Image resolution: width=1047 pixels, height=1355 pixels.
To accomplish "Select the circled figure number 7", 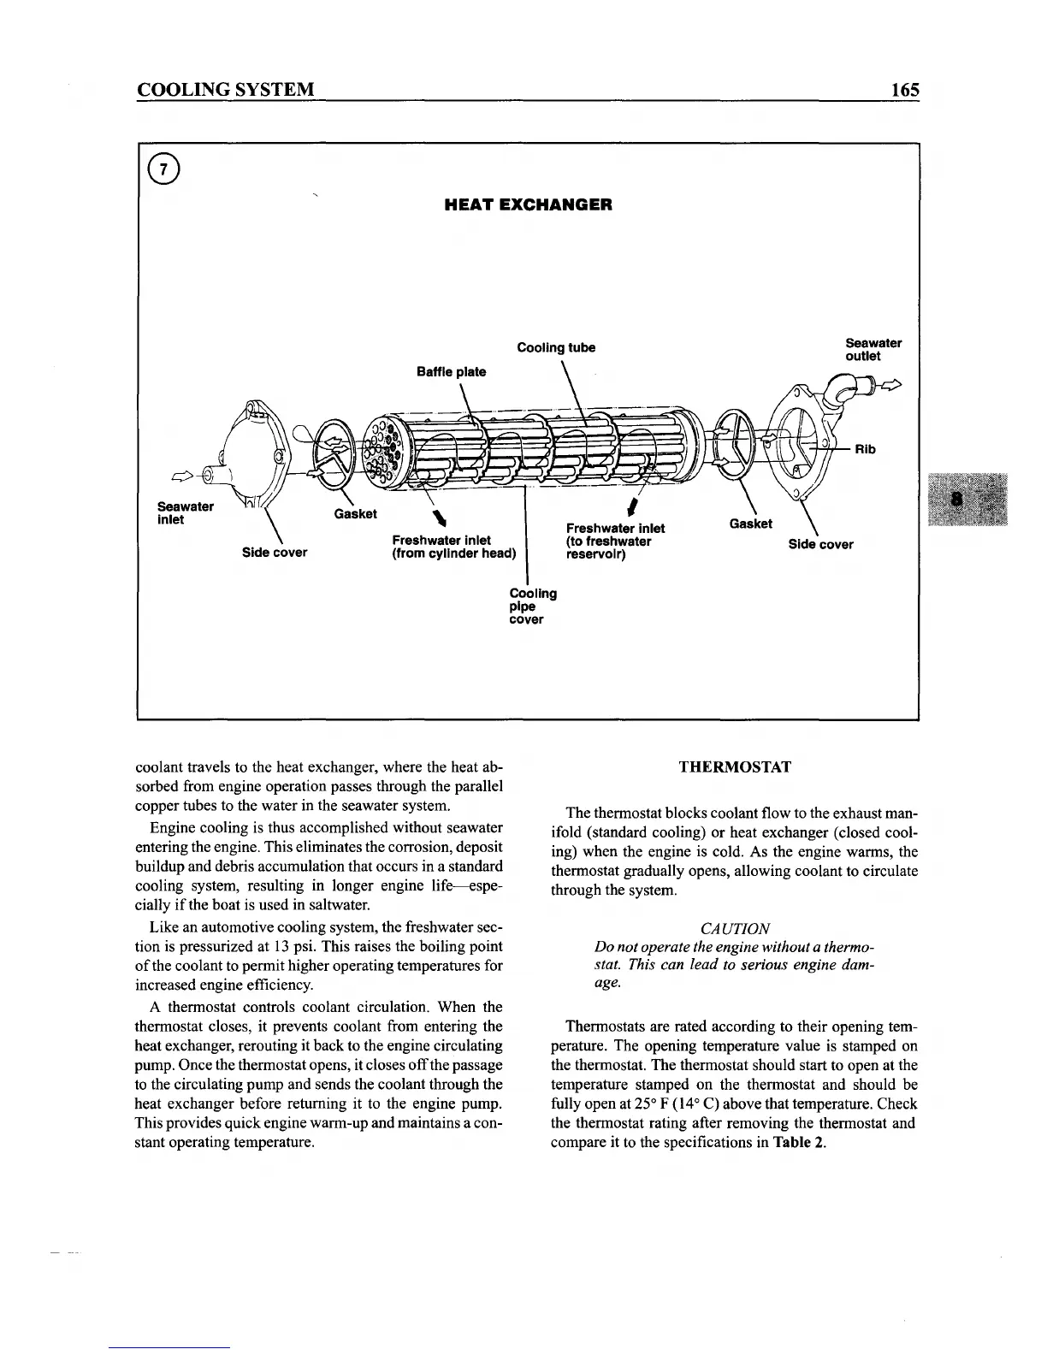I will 169,169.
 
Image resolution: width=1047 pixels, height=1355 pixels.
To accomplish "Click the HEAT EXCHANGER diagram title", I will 528,205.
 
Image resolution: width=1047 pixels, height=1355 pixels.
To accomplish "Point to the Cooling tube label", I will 556,347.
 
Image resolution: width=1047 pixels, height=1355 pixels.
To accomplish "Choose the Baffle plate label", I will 451,371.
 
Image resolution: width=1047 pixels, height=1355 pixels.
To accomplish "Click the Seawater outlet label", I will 872,350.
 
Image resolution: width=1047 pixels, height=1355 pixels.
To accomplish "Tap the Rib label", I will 865,449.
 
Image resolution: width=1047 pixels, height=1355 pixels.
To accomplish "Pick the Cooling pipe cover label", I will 532,606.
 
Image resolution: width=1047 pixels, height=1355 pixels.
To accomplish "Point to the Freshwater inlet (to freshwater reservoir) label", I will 615,541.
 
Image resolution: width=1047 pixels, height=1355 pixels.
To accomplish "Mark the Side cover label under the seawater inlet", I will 275,552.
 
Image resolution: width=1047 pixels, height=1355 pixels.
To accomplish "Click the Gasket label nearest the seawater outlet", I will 750,524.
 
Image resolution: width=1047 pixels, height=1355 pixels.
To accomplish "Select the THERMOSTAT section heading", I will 735,766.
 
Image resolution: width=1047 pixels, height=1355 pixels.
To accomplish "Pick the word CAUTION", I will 735,928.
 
